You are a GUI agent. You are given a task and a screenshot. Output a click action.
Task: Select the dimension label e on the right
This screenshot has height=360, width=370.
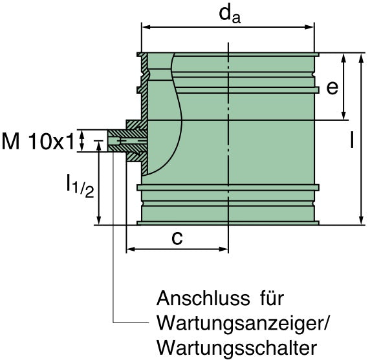click(332, 87)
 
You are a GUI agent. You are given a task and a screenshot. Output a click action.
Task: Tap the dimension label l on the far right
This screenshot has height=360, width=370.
click(351, 140)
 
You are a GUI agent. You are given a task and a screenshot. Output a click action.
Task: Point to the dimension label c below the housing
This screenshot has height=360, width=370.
click(176, 237)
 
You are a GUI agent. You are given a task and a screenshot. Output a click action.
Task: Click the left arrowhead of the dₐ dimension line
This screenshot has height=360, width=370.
click(146, 28)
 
